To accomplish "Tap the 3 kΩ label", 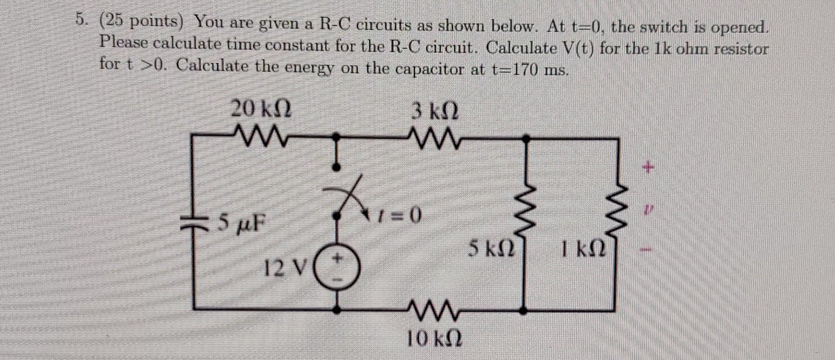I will [434, 112].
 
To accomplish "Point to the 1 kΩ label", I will [583, 250].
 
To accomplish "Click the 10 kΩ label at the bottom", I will [434, 338].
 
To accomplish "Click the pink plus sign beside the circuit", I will [648, 167].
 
